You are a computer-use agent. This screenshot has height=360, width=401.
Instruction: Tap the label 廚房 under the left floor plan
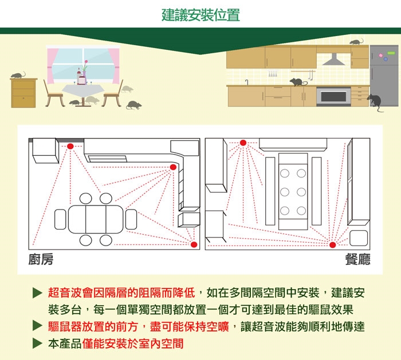click(x=41, y=260)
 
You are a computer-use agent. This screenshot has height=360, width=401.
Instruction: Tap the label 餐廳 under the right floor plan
click(x=358, y=260)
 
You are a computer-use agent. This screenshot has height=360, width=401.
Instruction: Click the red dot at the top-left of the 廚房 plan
click(x=70, y=147)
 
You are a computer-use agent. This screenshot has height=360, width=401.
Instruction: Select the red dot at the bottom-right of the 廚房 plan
click(x=193, y=245)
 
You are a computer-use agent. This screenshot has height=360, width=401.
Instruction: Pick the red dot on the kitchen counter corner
click(x=173, y=167)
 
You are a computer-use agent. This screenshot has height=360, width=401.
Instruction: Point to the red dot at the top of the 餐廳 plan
click(x=243, y=142)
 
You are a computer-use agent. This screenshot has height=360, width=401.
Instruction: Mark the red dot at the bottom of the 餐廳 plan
click(x=332, y=245)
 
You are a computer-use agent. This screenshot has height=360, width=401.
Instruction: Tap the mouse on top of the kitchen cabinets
click(x=356, y=42)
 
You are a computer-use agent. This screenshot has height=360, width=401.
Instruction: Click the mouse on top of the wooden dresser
click(x=18, y=75)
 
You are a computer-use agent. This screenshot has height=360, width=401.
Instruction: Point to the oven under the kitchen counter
click(x=333, y=96)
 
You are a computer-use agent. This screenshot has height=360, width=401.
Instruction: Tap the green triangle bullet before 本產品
click(x=37, y=343)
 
